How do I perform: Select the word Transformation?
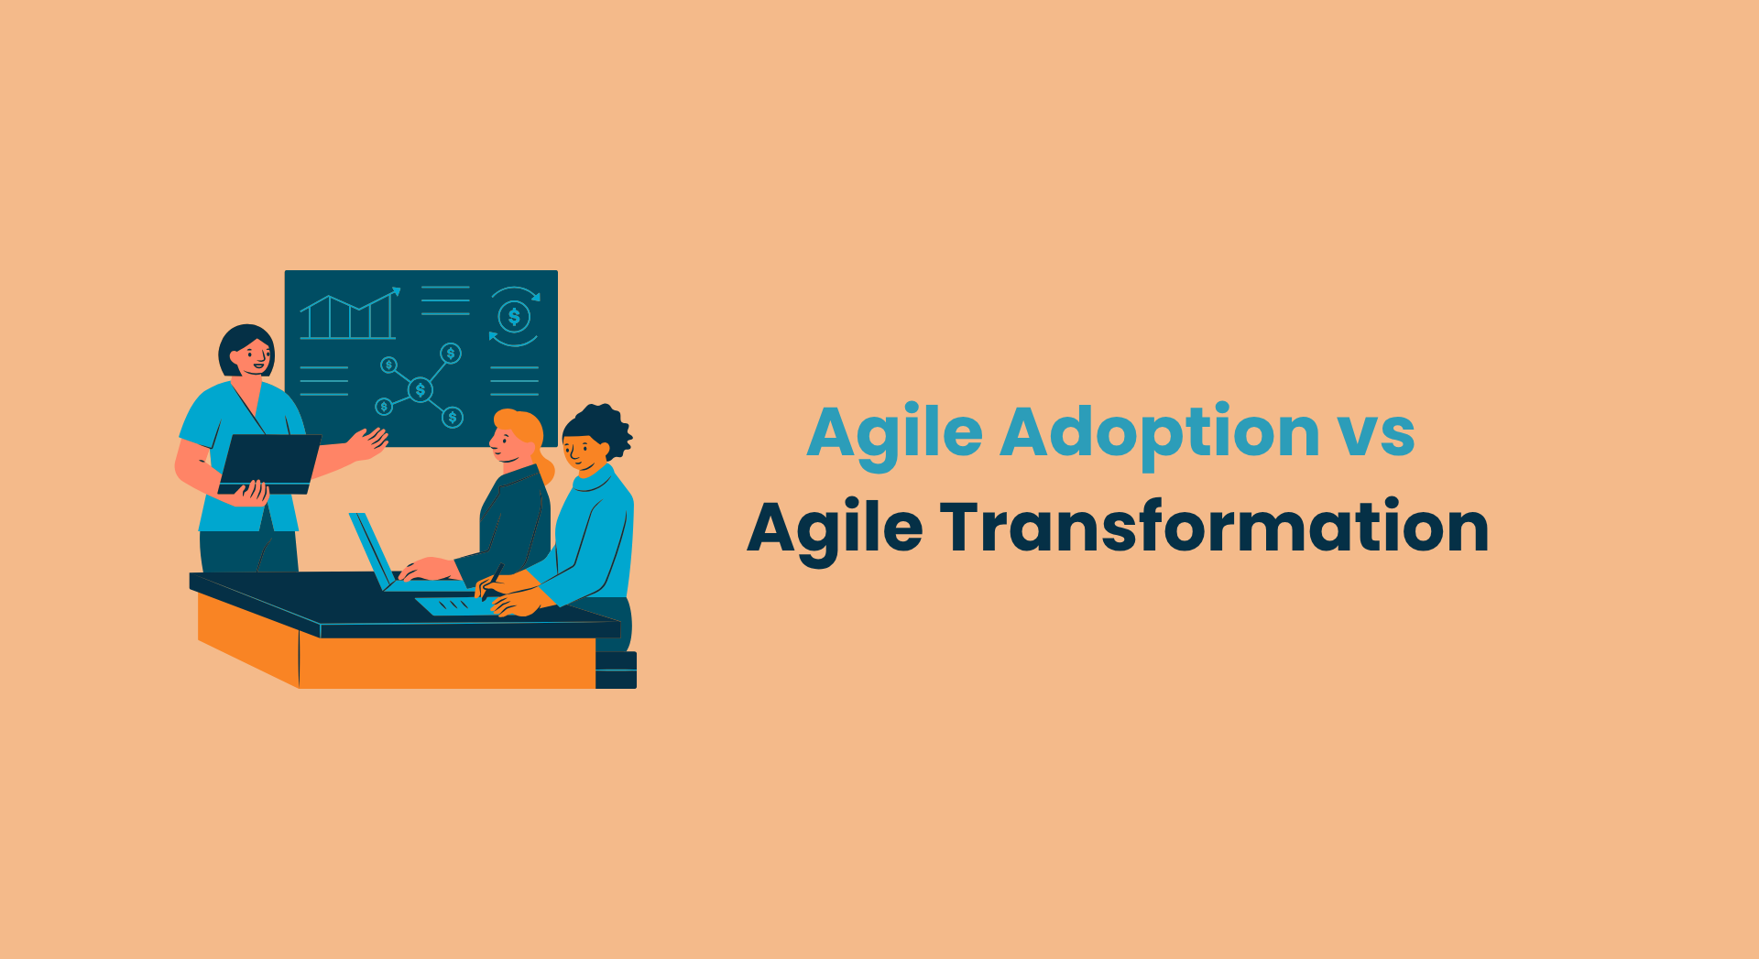[x=1214, y=528]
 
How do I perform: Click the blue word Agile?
[x=895, y=434]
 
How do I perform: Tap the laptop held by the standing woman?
[x=269, y=463]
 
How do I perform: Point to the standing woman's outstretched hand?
[x=368, y=443]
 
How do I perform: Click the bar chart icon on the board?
[x=349, y=315]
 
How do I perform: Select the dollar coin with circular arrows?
[x=514, y=317]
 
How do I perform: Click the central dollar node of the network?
[x=421, y=390]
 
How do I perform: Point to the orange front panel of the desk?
[x=447, y=662]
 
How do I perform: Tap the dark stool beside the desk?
[x=616, y=670]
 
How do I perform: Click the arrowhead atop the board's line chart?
[x=397, y=291]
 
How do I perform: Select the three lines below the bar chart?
[x=324, y=380]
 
